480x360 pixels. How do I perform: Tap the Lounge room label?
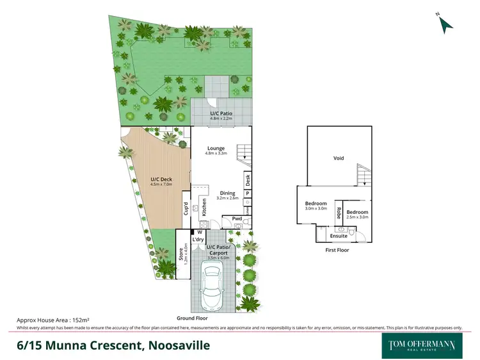[215, 148]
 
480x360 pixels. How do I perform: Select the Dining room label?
[228, 193]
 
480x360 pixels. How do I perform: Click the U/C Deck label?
[162, 179]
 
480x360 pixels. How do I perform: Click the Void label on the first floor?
[339, 158]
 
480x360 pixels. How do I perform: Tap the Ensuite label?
[339, 236]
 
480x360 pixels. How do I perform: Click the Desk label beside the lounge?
[247, 180]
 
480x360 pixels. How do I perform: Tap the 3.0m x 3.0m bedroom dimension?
[316, 208]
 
